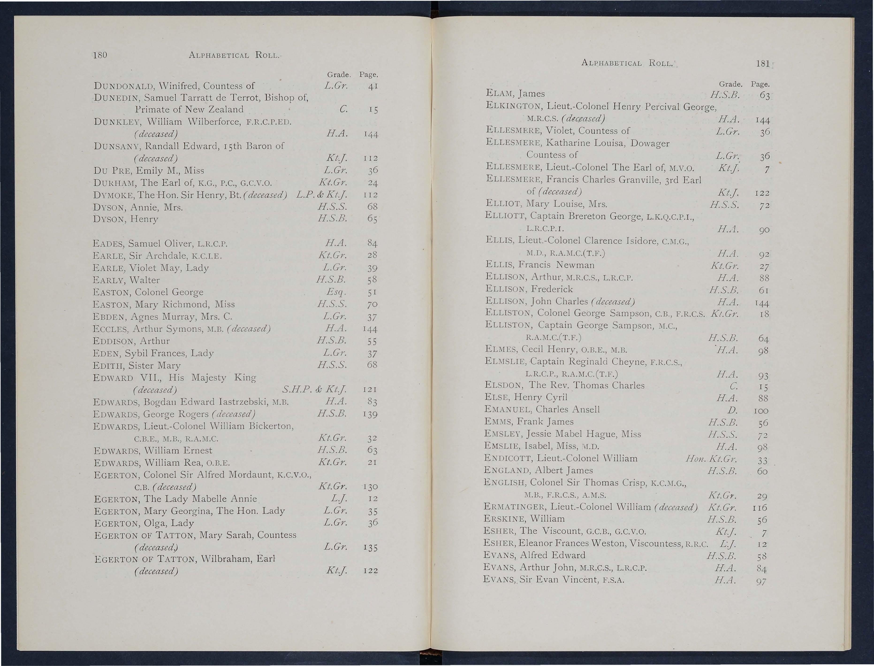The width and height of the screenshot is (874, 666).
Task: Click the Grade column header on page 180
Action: pyautogui.click(x=339, y=74)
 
